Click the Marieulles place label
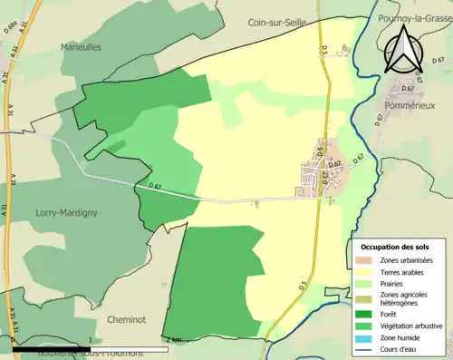point(81,46)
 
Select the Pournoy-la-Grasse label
point(413,18)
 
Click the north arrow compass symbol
point(405,50)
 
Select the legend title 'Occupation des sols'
point(395,247)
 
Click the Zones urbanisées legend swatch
point(364,260)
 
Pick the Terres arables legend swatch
point(364,271)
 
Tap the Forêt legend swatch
point(364,315)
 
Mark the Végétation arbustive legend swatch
point(364,326)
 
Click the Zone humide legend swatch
point(364,336)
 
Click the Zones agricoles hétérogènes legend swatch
point(364,298)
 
